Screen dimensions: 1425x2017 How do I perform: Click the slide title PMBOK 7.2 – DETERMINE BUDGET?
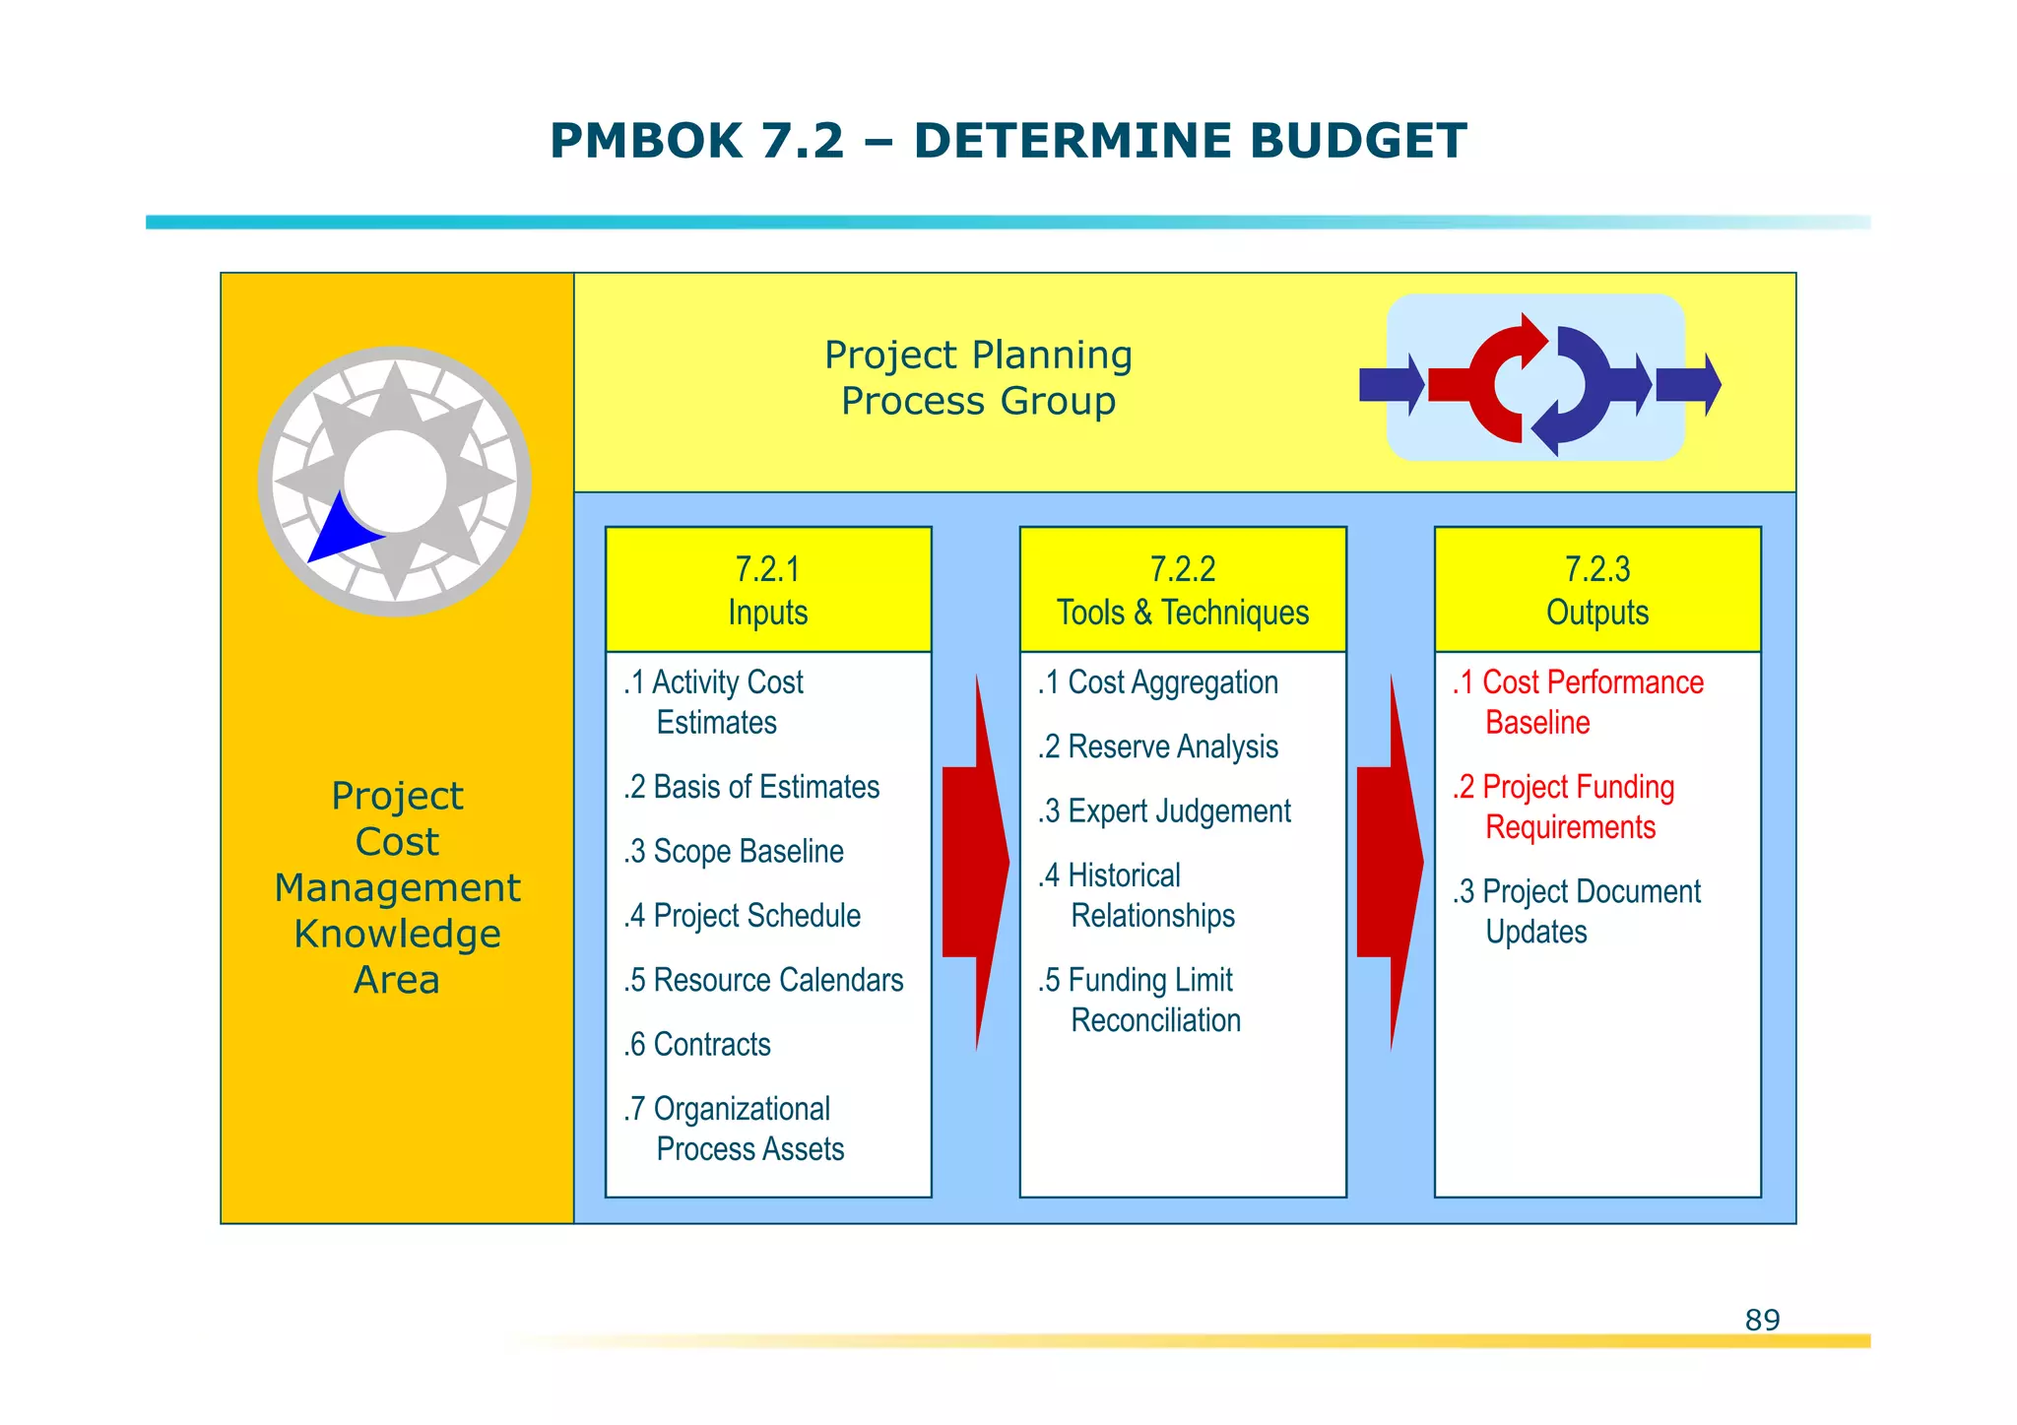[x=1008, y=141]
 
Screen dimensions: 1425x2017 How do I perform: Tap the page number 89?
[x=1762, y=1320]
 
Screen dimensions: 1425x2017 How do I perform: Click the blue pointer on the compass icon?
[x=340, y=533]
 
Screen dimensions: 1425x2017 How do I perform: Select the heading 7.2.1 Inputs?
[x=768, y=590]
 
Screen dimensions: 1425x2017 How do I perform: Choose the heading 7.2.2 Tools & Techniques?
[x=1183, y=590]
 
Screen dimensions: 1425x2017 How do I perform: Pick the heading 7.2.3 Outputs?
[x=1597, y=590]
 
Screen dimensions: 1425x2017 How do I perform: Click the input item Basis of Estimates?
[x=752, y=787]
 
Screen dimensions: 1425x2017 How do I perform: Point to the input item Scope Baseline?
[x=735, y=851]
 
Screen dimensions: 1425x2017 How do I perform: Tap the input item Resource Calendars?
[x=764, y=980]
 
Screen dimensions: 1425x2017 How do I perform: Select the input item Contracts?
[x=698, y=1044]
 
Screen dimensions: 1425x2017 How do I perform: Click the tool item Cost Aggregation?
[x=1159, y=682]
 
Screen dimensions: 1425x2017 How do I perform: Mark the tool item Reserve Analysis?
[x=1159, y=746]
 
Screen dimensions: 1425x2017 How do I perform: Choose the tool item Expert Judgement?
[x=1165, y=811]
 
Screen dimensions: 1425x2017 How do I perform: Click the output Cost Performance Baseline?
[x=1579, y=702]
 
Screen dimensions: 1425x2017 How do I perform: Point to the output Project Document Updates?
[x=1577, y=911]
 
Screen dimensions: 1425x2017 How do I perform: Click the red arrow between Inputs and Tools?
[x=974, y=862]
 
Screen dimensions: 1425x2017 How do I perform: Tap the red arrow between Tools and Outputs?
[x=1389, y=862]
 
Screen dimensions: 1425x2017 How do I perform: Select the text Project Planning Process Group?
[x=978, y=377]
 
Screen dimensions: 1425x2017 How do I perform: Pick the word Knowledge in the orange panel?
[x=397, y=934]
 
